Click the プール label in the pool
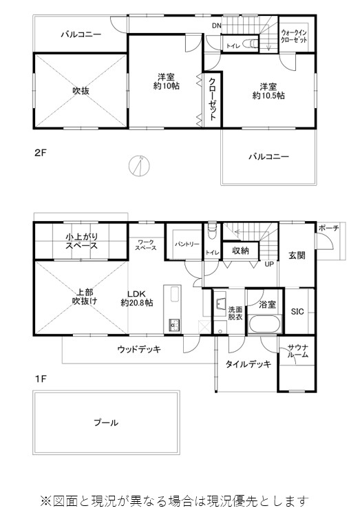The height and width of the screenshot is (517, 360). (x=106, y=423)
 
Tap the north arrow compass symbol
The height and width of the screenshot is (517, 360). (x=139, y=165)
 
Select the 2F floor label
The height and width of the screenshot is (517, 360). (x=41, y=154)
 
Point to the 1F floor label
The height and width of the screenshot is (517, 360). (x=41, y=379)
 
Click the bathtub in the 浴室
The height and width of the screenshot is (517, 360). (x=265, y=324)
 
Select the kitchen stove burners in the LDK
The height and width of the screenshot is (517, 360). (x=174, y=325)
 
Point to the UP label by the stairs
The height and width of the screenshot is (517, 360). (x=269, y=264)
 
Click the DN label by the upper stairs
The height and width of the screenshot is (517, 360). (x=217, y=25)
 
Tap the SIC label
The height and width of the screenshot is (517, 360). (x=297, y=311)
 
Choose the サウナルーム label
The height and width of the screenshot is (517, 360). (x=297, y=351)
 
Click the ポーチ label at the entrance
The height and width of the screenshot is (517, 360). (x=328, y=228)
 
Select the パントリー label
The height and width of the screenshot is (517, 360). (x=187, y=244)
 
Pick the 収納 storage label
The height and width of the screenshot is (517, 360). (x=240, y=251)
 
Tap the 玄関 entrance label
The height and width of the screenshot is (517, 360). (x=297, y=255)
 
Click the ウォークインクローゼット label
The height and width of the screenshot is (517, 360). (x=294, y=36)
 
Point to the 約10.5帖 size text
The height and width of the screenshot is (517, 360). (x=268, y=96)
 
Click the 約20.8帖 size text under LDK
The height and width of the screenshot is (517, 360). (x=137, y=303)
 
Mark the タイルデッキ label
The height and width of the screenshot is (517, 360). (x=248, y=364)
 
